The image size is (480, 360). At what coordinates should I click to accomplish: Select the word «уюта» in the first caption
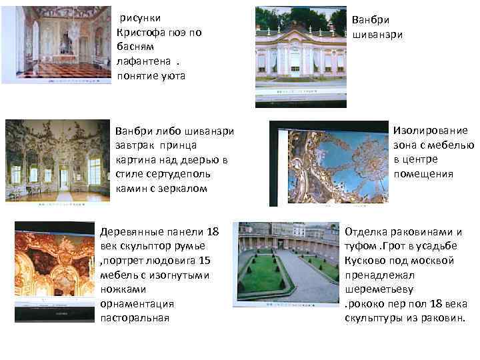point(171,75)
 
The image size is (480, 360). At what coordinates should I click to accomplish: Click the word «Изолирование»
point(431,131)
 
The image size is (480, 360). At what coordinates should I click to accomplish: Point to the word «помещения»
point(423,174)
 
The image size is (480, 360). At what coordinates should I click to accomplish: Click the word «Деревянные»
point(131,232)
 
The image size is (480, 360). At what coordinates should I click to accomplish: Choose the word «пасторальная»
point(134,318)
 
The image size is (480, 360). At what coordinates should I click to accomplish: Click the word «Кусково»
point(366,261)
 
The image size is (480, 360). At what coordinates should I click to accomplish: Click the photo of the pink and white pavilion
point(301,56)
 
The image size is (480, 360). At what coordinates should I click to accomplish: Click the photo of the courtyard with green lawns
point(285,264)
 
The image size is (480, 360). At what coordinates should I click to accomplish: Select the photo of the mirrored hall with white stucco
point(57,159)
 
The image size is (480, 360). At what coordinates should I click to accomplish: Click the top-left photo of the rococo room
point(56,45)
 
